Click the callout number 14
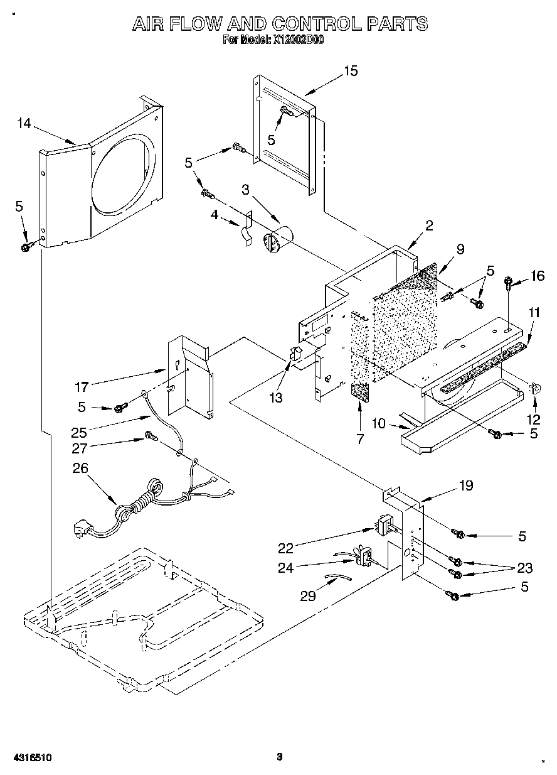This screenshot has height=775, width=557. (23, 124)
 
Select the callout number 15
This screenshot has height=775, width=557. (351, 71)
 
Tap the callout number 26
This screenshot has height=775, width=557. (81, 468)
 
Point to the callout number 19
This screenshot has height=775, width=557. (466, 485)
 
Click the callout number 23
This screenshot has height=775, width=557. (524, 568)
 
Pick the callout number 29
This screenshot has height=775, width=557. (307, 596)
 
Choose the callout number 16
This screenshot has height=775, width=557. (538, 276)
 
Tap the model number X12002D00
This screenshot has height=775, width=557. (298, 40)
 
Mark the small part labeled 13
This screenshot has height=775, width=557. (295, 354)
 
